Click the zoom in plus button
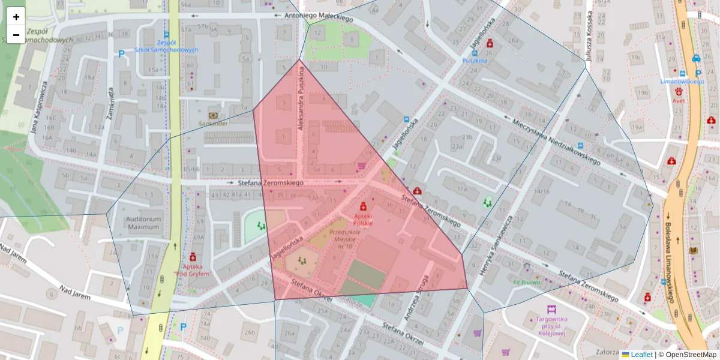16,17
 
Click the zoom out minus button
16,35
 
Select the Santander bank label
213,123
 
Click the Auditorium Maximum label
143,223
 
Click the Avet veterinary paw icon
679,92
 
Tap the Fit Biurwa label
527,281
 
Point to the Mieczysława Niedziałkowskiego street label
556,142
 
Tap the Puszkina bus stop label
475,61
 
